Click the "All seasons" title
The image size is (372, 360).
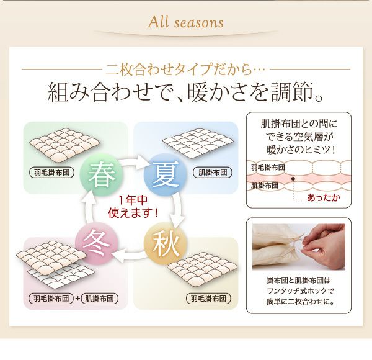[186, 22]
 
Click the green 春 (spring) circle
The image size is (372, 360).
[102, 175]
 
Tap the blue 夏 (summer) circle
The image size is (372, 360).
[166, 174]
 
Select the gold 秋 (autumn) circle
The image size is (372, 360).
[166, 244]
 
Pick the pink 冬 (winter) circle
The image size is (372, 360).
[97, 244]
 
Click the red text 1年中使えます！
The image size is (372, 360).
[133, 207]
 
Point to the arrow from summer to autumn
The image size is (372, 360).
[178, 209]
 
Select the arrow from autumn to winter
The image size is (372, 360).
[130, 256]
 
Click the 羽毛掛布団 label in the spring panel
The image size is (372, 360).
[51, 173]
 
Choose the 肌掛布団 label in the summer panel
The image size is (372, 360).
[213, 173]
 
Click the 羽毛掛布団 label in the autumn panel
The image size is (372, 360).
[208, 299]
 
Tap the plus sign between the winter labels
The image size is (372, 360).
[77, 299]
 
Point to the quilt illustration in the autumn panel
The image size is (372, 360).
[202, 268]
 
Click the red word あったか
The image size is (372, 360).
[324, 197]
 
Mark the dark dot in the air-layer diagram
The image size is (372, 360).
[293, 179]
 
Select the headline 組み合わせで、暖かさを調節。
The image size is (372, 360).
[186, 92]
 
